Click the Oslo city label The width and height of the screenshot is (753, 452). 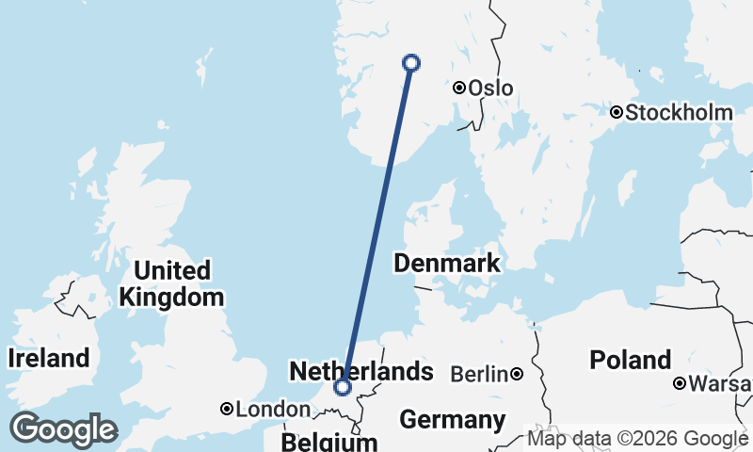490,88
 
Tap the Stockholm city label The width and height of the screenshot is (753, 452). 679,113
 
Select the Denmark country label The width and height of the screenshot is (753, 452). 447,263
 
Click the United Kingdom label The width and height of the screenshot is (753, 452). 171,284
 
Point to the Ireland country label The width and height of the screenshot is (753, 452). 49,358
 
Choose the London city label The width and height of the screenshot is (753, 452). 272,410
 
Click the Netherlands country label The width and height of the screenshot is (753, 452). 361,371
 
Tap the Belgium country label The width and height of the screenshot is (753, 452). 329,442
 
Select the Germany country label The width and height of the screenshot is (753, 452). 453,418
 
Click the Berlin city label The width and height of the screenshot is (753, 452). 480,375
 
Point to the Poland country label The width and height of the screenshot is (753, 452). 631,360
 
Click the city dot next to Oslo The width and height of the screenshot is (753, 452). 459,88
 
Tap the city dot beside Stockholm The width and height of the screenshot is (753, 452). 617,113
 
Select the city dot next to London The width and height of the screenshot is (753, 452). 227,409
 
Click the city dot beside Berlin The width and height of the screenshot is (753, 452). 518,375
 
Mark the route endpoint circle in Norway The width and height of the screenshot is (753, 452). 410,63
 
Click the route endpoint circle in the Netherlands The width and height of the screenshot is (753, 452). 343,386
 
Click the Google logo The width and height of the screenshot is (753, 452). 63,429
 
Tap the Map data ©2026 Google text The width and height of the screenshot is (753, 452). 638,439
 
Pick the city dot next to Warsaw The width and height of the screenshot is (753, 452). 680,383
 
